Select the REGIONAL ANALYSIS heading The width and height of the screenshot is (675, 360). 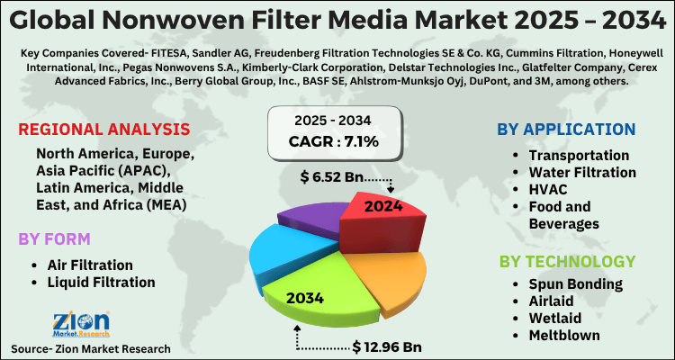click(103, 129)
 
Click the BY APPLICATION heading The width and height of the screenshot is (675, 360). click(565, 130)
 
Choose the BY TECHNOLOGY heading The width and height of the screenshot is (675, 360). click(568, 262)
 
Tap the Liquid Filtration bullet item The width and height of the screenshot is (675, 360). click(101, 282)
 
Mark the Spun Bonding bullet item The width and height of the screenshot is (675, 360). click(575, 284)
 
